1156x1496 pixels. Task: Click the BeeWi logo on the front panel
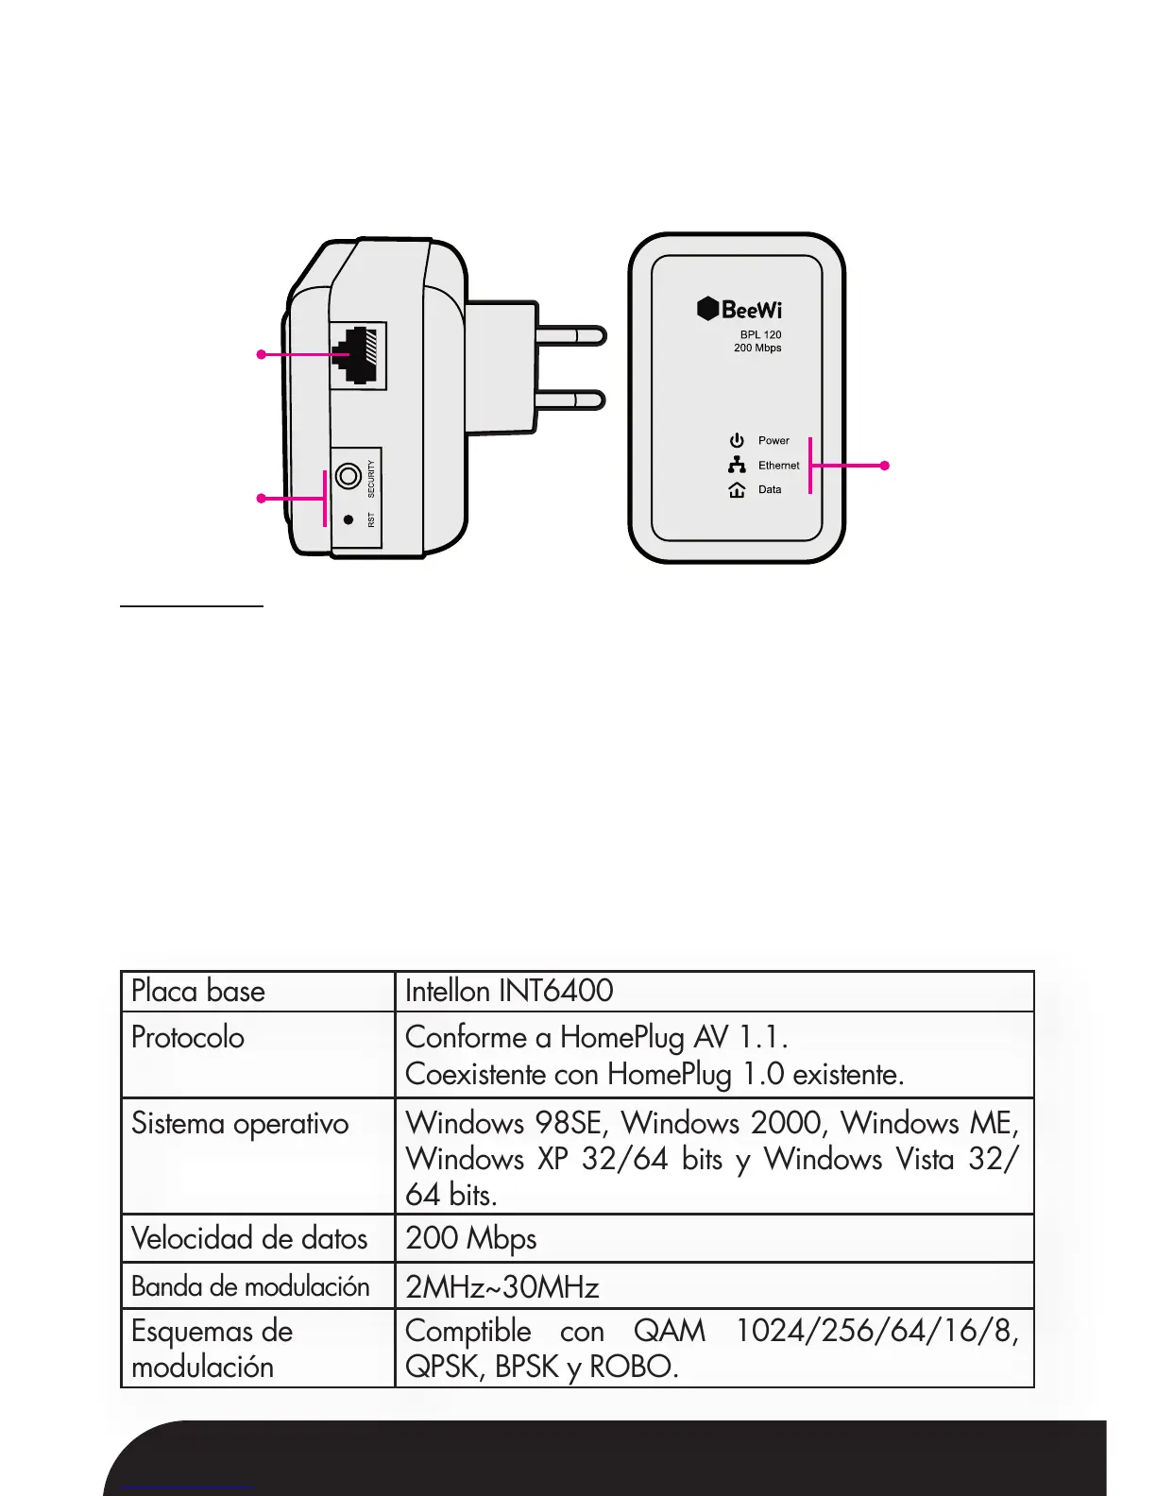(x=739, y=309)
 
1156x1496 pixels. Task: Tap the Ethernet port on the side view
(x=358, y=355)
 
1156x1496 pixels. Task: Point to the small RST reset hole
(x=348, y=519)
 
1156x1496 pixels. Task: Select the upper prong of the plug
(x=570, y=335)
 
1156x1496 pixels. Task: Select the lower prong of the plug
(x=570, y=399)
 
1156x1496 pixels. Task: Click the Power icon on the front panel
(x=737, y=440)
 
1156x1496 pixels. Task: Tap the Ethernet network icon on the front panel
(x=737, y=465)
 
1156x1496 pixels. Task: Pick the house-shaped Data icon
(x=737, y=489)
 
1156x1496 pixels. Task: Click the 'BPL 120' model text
(x=760, y=334)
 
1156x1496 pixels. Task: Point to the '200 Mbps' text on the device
(x=757, y=348)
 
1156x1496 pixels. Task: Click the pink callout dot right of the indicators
(x=884, y=465)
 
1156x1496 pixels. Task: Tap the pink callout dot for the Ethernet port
(x=262, y=354)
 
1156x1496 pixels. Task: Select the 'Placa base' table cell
(x=198, y=991)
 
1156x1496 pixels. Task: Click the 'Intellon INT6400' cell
(x=509, y=991)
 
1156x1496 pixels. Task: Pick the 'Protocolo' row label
(x=188, y=1037)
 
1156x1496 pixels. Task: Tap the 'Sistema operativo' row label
(x=240, y=1123)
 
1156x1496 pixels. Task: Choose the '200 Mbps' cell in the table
(x=470, y=1238)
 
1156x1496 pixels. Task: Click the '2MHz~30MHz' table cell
(x=501, y=1286)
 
